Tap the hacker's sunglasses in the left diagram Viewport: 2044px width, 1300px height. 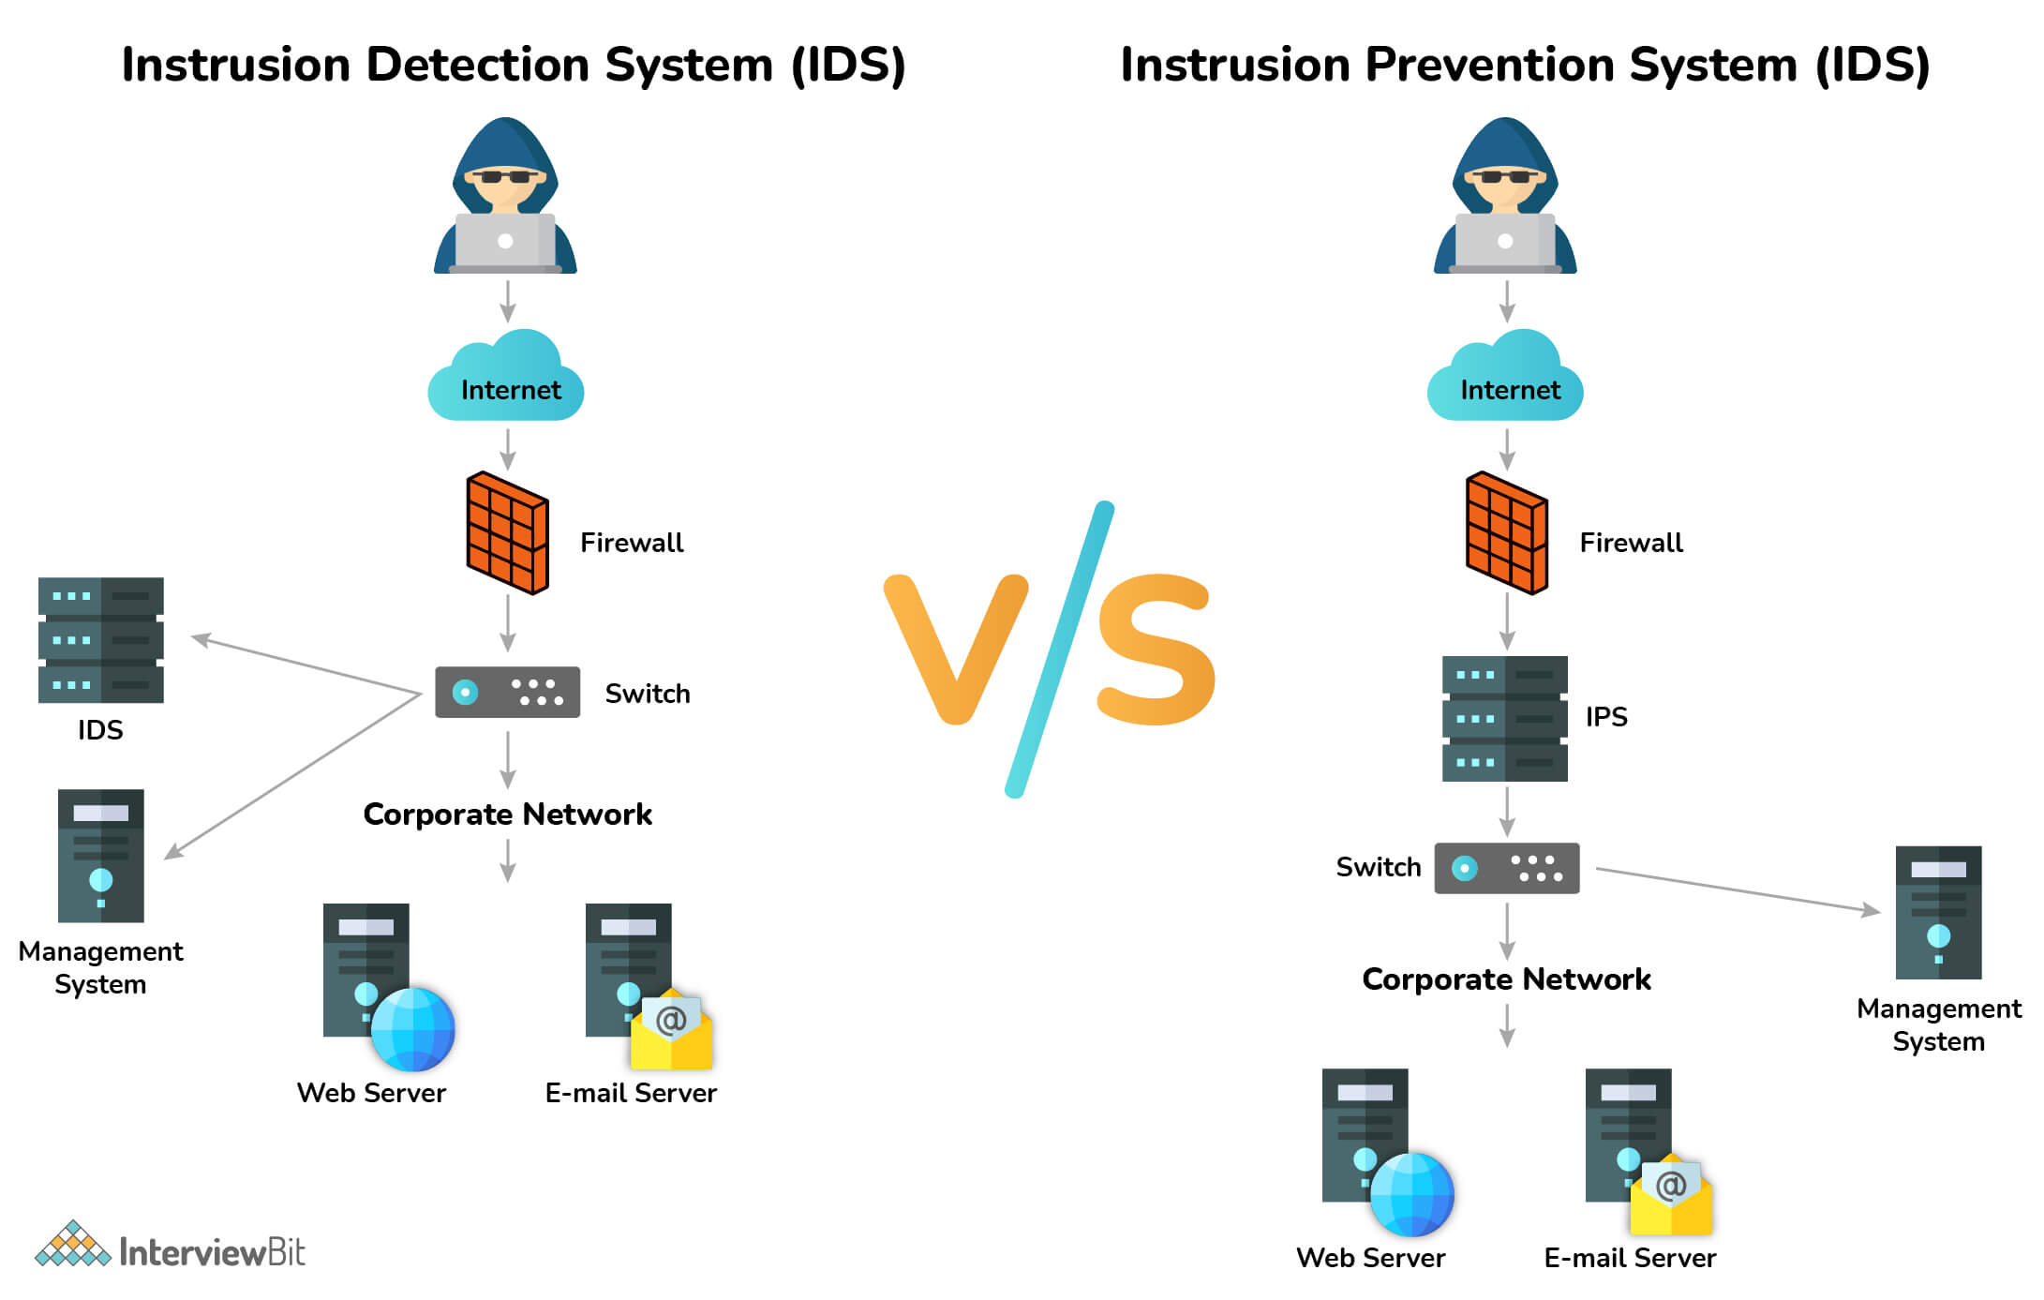point(505,176)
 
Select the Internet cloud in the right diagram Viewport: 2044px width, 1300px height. point(1505,380)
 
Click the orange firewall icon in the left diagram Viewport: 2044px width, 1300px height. point(507,532)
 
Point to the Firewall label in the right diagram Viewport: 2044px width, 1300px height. point(1631,543)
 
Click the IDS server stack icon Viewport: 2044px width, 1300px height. point(100,640)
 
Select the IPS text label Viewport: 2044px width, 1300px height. point(1606,717)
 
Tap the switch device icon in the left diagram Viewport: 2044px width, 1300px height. point(507,693)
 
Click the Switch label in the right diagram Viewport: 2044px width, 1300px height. point(1378,868)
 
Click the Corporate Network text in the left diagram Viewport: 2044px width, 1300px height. point(507,814)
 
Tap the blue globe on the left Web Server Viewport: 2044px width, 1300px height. point(412,1029)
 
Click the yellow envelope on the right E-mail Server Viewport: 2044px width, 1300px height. point(1671,1198)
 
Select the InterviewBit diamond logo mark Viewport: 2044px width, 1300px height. point(73,1245)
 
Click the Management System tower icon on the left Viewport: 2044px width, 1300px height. point(100,856)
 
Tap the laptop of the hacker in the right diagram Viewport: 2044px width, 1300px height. point(1505,242)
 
